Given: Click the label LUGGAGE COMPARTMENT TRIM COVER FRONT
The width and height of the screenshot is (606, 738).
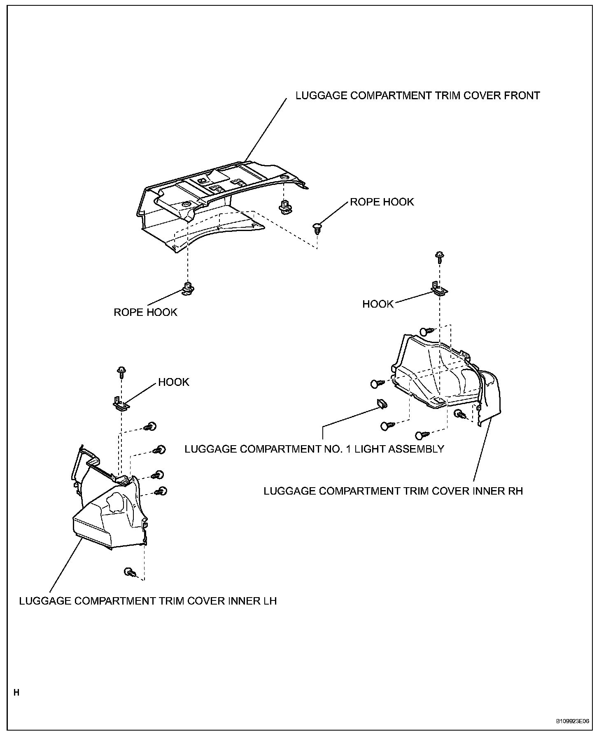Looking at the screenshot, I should tap(417, 96).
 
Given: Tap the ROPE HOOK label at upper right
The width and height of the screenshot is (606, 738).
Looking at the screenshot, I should tap(382, 202).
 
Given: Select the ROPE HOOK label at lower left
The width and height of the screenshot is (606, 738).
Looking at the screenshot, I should tap(145, 312).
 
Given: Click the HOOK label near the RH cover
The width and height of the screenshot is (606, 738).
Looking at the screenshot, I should tap(378, 304).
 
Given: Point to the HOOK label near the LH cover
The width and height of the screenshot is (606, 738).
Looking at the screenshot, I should tap(174, 382).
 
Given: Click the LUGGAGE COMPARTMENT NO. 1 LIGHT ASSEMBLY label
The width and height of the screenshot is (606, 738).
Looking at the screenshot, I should tap(314, 449).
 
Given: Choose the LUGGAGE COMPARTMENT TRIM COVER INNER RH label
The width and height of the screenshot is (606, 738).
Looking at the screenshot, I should tap(393, 491).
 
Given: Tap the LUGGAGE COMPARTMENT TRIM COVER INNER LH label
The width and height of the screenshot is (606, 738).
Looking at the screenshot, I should tap(148, 601).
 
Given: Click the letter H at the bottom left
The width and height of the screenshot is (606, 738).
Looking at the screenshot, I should tap(16, 693).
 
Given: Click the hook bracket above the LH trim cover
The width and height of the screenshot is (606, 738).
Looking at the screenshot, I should tap(121, 404).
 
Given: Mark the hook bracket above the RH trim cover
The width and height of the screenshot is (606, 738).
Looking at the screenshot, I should tap(439, 289).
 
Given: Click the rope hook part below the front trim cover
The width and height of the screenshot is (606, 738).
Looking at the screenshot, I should tap(188, 289).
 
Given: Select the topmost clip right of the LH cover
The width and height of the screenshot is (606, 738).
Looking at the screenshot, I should tap(151, 427).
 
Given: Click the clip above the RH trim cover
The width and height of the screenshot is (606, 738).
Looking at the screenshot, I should tap(427, 331).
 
